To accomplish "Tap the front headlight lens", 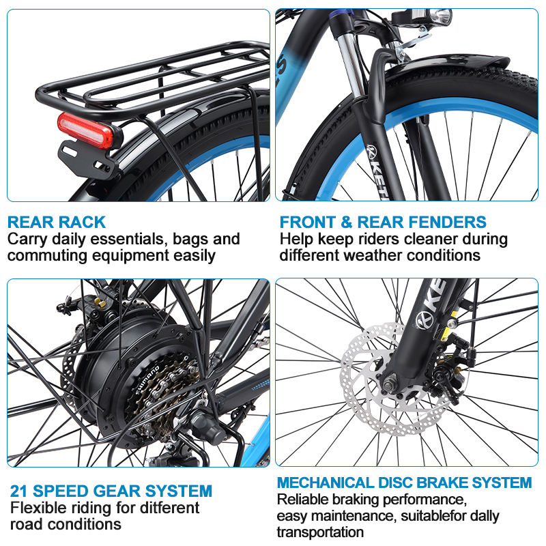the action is click(x=441, y=16).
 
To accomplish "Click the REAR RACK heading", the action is click(x=57, y=222).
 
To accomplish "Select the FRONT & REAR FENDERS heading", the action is click(x=383, y=222).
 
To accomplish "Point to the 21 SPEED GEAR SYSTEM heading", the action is click(x=111, y=491).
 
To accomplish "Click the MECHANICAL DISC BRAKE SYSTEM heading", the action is click(x=404, y=483).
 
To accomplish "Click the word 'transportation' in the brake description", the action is click(x=320, y=532).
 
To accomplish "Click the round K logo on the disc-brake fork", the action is click(x=425, y=319).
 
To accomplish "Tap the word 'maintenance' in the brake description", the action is click(x=354, y=516).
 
